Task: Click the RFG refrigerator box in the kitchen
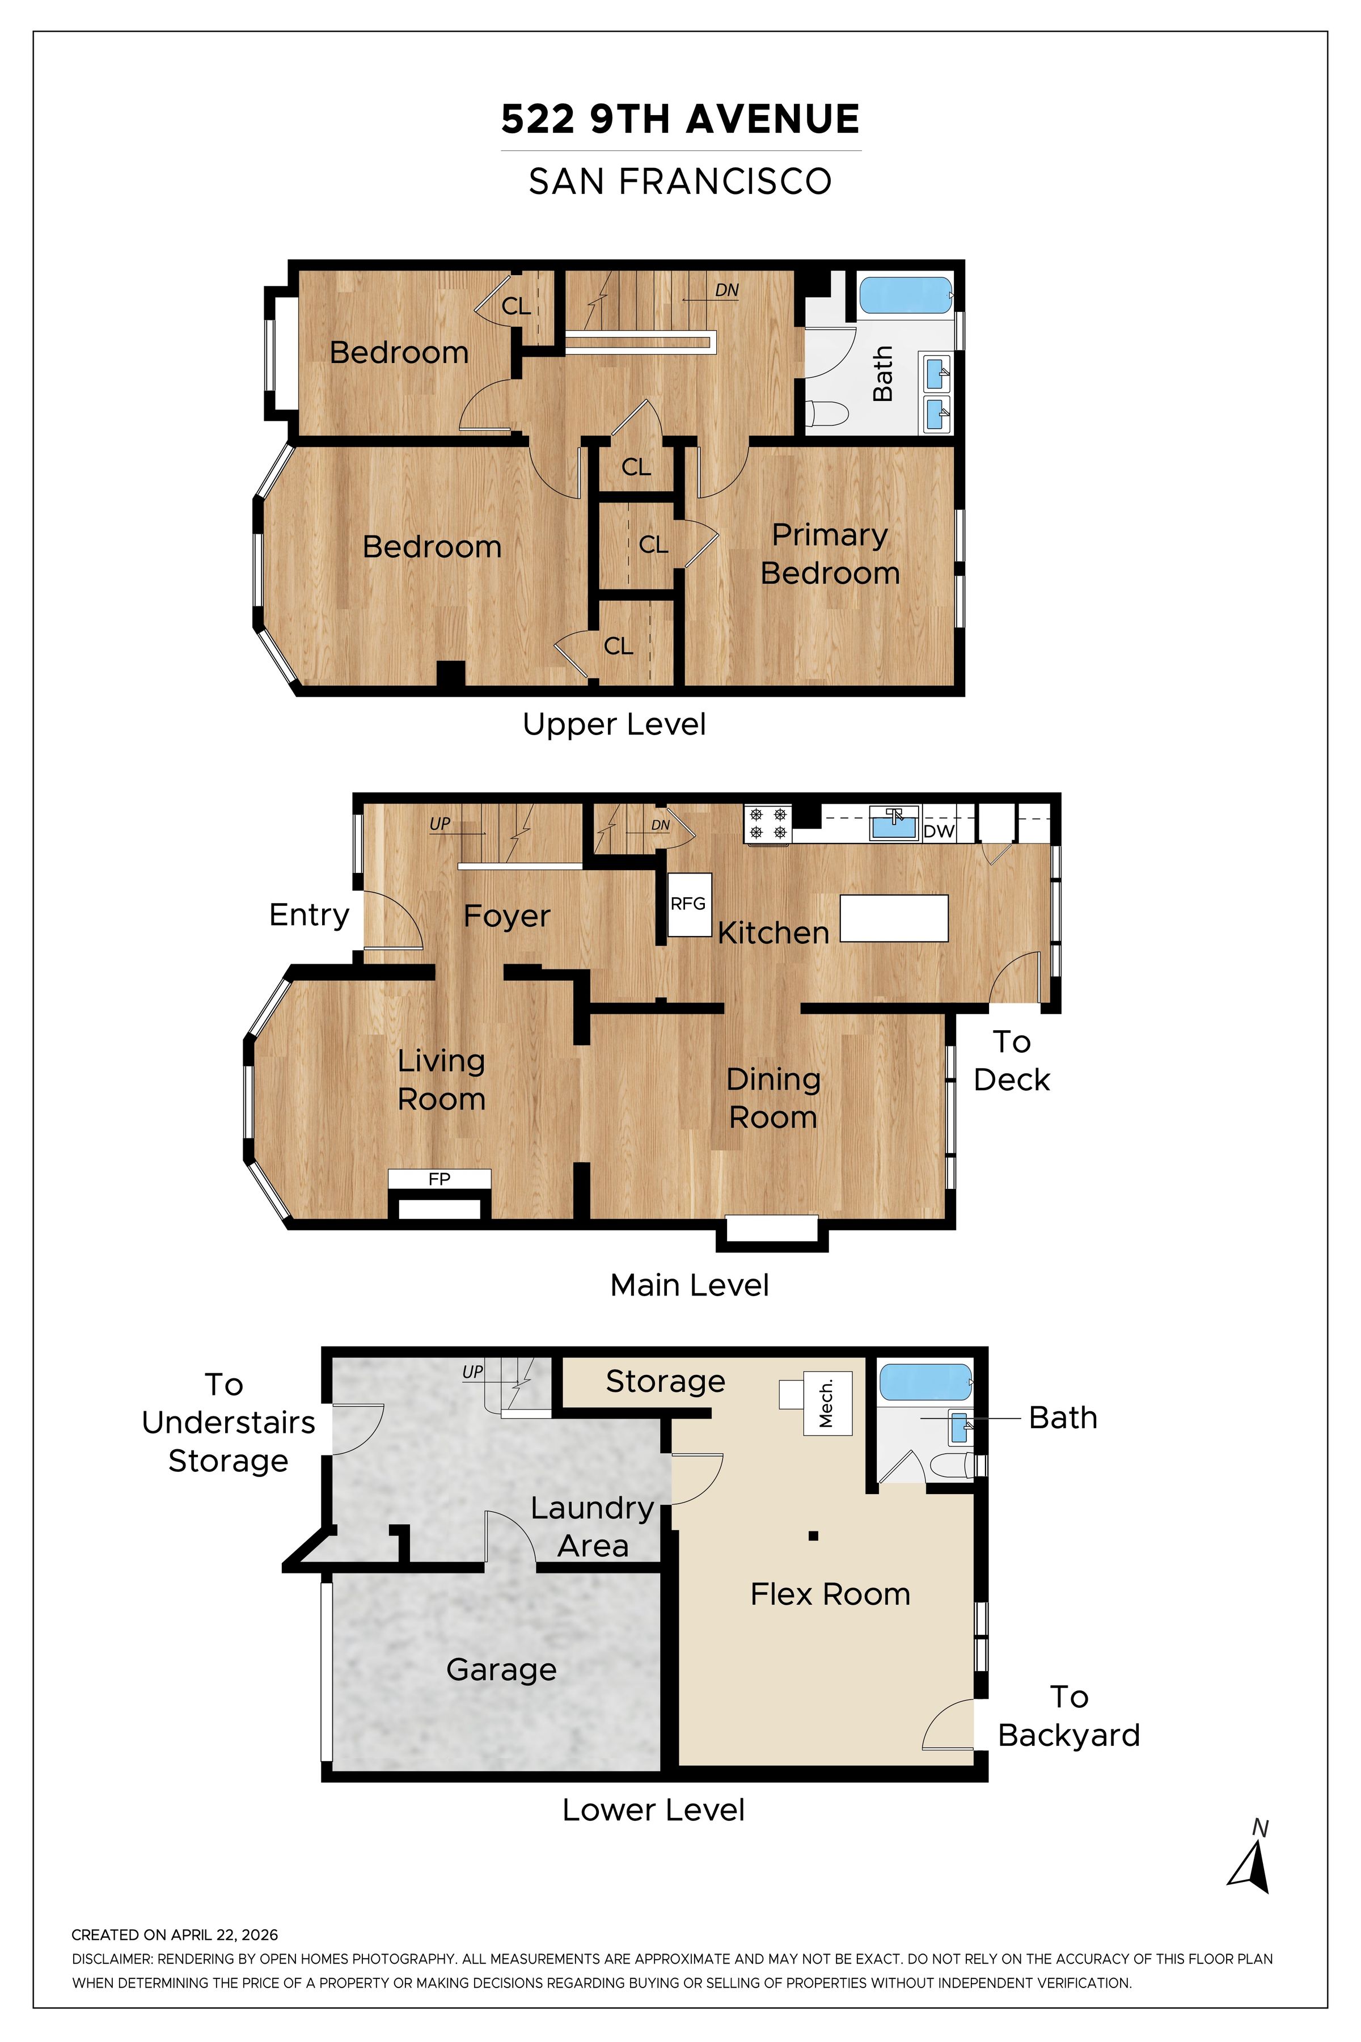(x=689, y=905)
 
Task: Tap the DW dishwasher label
(x=939, y=831)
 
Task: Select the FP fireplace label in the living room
(x=439, y=1179)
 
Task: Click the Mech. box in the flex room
(x=827, y=1403)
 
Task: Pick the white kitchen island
(x=894, y=918)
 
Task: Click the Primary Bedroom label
(x=830, y=554)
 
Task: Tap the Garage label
(x=502, y=1669)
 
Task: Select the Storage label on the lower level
(x=665, y=1381)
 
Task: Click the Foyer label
(x=507, y=916)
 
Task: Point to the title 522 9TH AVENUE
(x=681, y=119)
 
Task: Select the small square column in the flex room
(x=813, y=1536)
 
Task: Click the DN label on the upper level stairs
(x=728, y=290)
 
